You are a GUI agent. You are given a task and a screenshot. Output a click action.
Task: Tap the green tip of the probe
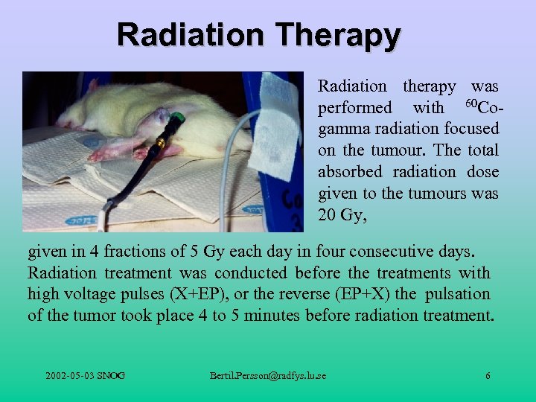[176, 118]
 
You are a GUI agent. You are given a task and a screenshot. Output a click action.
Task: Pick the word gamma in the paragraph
[344, 130]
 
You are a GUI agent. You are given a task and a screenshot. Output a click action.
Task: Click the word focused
[471, 130]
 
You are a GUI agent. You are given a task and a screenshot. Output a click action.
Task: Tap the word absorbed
[348, 172]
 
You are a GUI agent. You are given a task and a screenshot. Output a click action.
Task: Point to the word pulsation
[458, 294]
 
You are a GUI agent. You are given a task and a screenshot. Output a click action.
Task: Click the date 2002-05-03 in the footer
[70, 376]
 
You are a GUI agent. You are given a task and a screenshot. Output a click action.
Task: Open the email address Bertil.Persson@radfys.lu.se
[268, 376]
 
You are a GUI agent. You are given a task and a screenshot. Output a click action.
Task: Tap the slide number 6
[488, 376]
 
